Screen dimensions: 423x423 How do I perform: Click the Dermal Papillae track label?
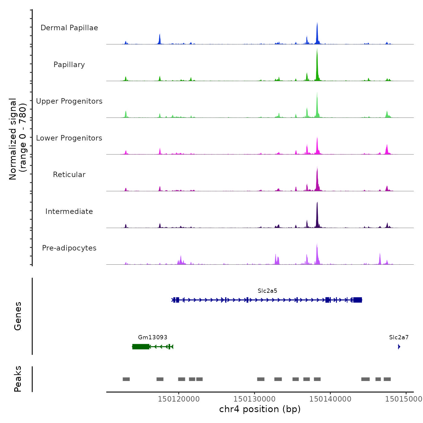click(x=69, y=28)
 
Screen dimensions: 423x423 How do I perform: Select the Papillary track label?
click(x=69, y=65)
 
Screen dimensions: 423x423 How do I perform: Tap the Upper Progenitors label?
click(x=69, y=101)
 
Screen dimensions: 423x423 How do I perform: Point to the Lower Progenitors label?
click(x=69, y=138)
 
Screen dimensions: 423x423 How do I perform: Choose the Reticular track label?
click(x=69, y=175)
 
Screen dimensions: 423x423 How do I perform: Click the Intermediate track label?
click(x=69, y=211)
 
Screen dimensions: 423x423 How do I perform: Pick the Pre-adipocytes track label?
click(x=69, y=248)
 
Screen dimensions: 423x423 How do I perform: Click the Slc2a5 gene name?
click(x=267, y=291)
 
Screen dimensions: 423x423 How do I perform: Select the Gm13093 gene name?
click(x=153, y=337)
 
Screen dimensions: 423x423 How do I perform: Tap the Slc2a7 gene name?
click(x=399, y=337)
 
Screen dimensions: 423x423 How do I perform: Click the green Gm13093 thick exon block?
click(x=141, y=347)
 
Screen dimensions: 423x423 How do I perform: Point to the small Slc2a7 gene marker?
click(x=399, y=347)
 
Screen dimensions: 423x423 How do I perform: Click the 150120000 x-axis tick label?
click(x=179, y=399)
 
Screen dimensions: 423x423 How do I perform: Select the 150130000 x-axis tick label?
click(x=254, y=399)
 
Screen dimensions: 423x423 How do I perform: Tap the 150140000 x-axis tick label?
click(x=330, y=399)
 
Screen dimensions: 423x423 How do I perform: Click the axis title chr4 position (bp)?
click(x=260, y=409)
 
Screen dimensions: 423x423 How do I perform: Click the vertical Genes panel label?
click(x=18, y=316)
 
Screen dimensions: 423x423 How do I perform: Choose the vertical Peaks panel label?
click(x=18, y=379)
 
